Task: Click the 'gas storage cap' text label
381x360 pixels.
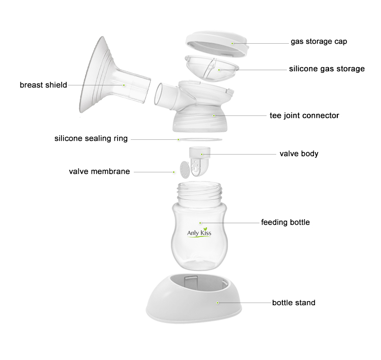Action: [319, 42]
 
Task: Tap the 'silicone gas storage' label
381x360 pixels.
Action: [327, 69]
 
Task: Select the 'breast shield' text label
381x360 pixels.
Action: [43, 85]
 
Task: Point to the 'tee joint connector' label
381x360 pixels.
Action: [304, 115]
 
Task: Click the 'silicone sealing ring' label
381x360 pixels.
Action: [91, 138]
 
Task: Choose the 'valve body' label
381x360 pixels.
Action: [299, 154]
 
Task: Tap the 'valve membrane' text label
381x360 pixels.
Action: [99, 171]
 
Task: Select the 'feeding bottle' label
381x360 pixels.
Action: [285, 223]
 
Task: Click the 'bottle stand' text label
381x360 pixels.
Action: [294, 303]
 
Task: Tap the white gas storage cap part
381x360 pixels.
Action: [218, 44]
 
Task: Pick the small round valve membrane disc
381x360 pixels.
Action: [185, 170]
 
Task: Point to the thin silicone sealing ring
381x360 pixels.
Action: [200, 139]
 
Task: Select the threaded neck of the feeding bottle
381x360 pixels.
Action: [199, 192]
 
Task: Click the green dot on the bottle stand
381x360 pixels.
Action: [218, 303]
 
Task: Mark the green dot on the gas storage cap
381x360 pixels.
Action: [232, 44]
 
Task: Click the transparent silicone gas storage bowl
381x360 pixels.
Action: [212, 68]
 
